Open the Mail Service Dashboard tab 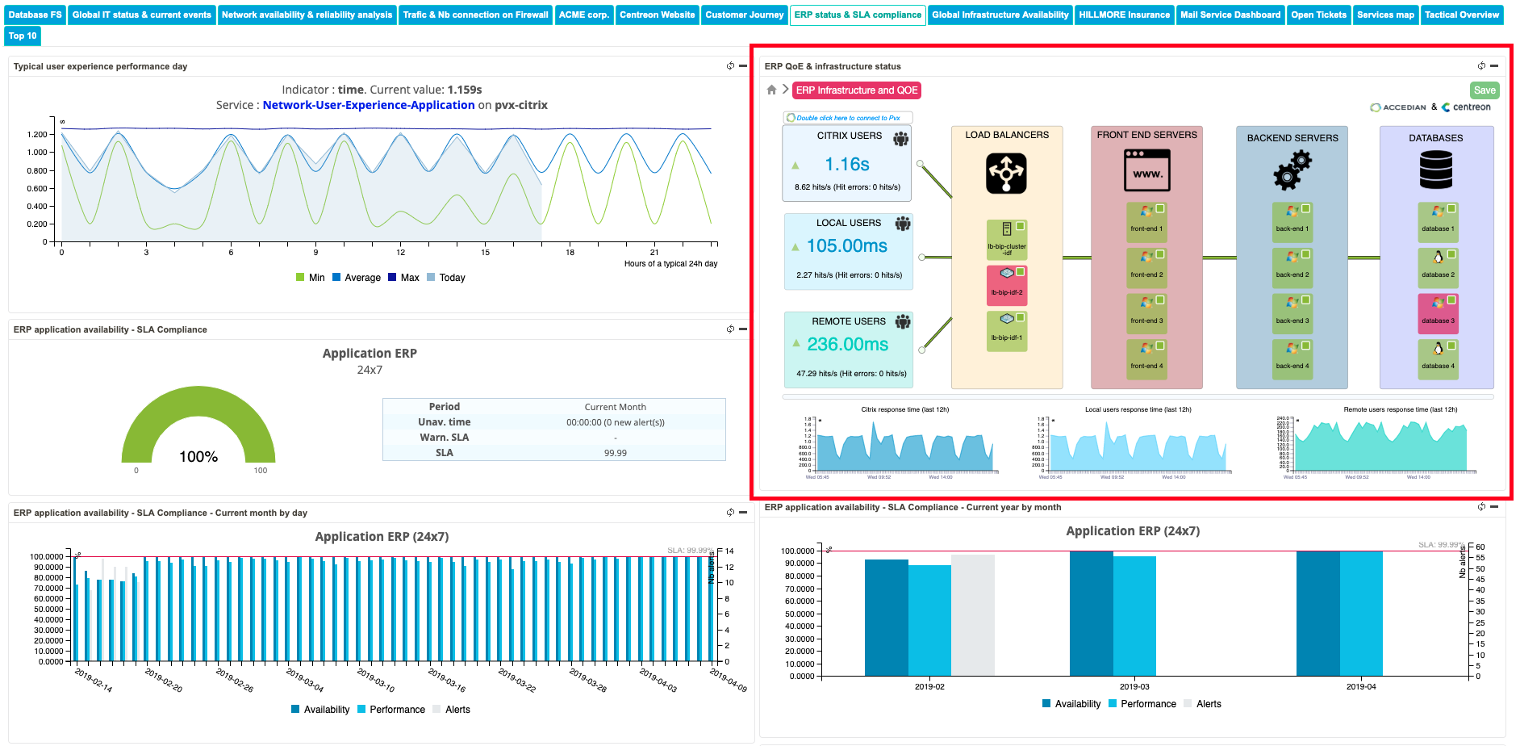pos(1230,15)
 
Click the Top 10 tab pos(23,36)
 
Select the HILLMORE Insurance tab pos(1124,15)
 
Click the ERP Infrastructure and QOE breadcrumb pos(856,90)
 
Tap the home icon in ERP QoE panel pos(771,90)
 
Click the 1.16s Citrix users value pos(846,165)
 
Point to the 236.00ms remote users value pos(847,345)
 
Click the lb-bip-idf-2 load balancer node pos(1007,282)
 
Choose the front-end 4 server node pos(1146,356)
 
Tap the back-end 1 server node pos(1292,219)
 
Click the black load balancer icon pos(1006,174)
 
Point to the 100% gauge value pos(198,457)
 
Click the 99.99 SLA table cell pos(615,453)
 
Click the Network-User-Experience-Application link pos(369,105)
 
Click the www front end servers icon pos(1146,170)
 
